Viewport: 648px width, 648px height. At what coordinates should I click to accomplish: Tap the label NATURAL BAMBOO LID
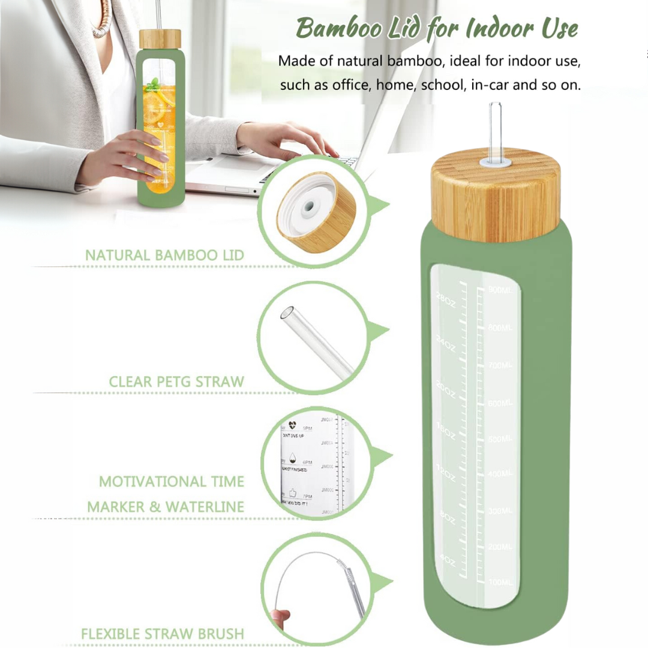tap(164, 255)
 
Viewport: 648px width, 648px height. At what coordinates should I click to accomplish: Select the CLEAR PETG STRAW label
tap(176, 382)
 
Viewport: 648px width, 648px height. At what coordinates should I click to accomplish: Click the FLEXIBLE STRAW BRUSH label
tap(163, 634)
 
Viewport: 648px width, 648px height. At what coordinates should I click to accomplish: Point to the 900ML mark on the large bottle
tap(500, 290)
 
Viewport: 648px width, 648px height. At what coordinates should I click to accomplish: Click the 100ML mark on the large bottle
tap(500, 583)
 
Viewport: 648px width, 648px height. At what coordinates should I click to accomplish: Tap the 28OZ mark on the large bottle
tap(446, 298)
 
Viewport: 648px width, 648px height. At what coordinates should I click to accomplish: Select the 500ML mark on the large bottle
tap(500, 439)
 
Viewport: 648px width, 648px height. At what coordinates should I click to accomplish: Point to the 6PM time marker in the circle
tap(308, 463)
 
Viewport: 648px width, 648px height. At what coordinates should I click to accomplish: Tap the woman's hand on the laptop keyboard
tap(288, 141)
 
